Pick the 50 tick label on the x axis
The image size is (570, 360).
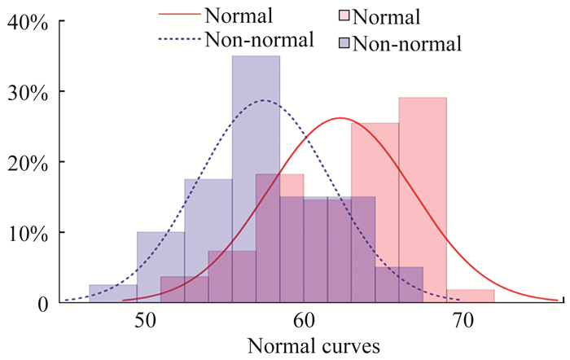pyautogui.click(x=145, y=319)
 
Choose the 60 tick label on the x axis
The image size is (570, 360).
pyautogui.click(x=304, y=319)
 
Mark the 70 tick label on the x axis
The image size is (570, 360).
pyautogui.click(x=462, y=319)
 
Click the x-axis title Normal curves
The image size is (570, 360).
pyautogui.click(x=305, y=345)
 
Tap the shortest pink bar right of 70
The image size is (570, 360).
pyautogui.click(x=470, y=296)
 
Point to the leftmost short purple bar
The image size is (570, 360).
pyautogui.click(x=112, y=294)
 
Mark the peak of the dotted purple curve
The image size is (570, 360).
pyautogui.click(x=264, y=100)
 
